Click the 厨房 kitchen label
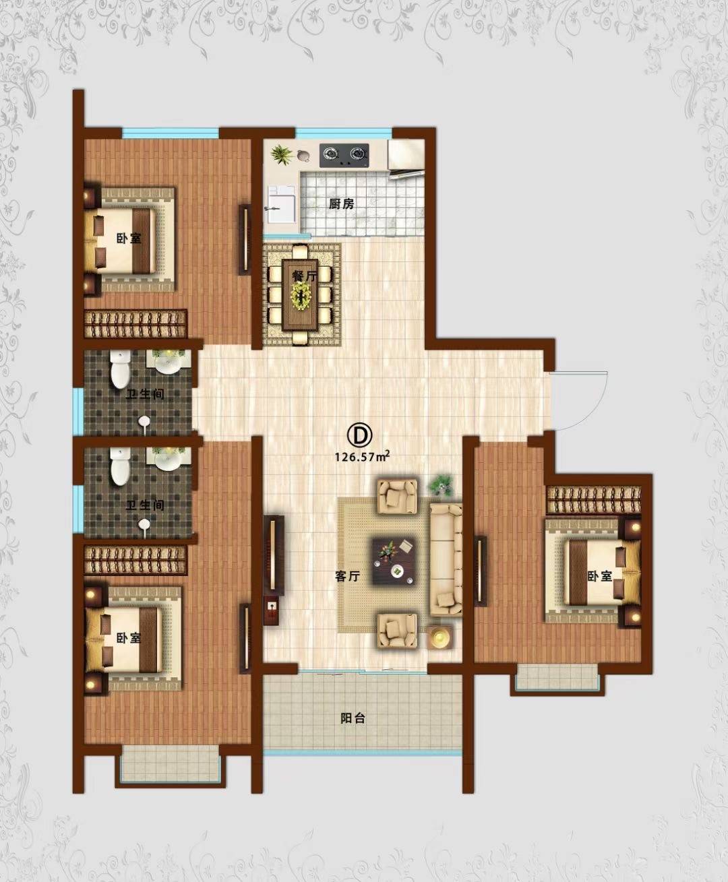coord(341,203)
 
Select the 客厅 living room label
coord(347,576)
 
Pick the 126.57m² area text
coord(362,456)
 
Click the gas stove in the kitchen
coord(344,156)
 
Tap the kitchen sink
coord(280,203)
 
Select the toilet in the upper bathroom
coord(119,369)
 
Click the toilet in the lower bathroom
coord(119,466)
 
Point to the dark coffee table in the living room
coord(394,561)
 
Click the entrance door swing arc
coord(594,408)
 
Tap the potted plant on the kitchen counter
coord(281,155)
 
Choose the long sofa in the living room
coord(446,560)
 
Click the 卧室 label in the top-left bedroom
coord(129,239)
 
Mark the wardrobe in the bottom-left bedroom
coord(135,560)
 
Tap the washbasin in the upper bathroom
coord(168,362)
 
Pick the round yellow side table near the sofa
coord(440,637)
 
